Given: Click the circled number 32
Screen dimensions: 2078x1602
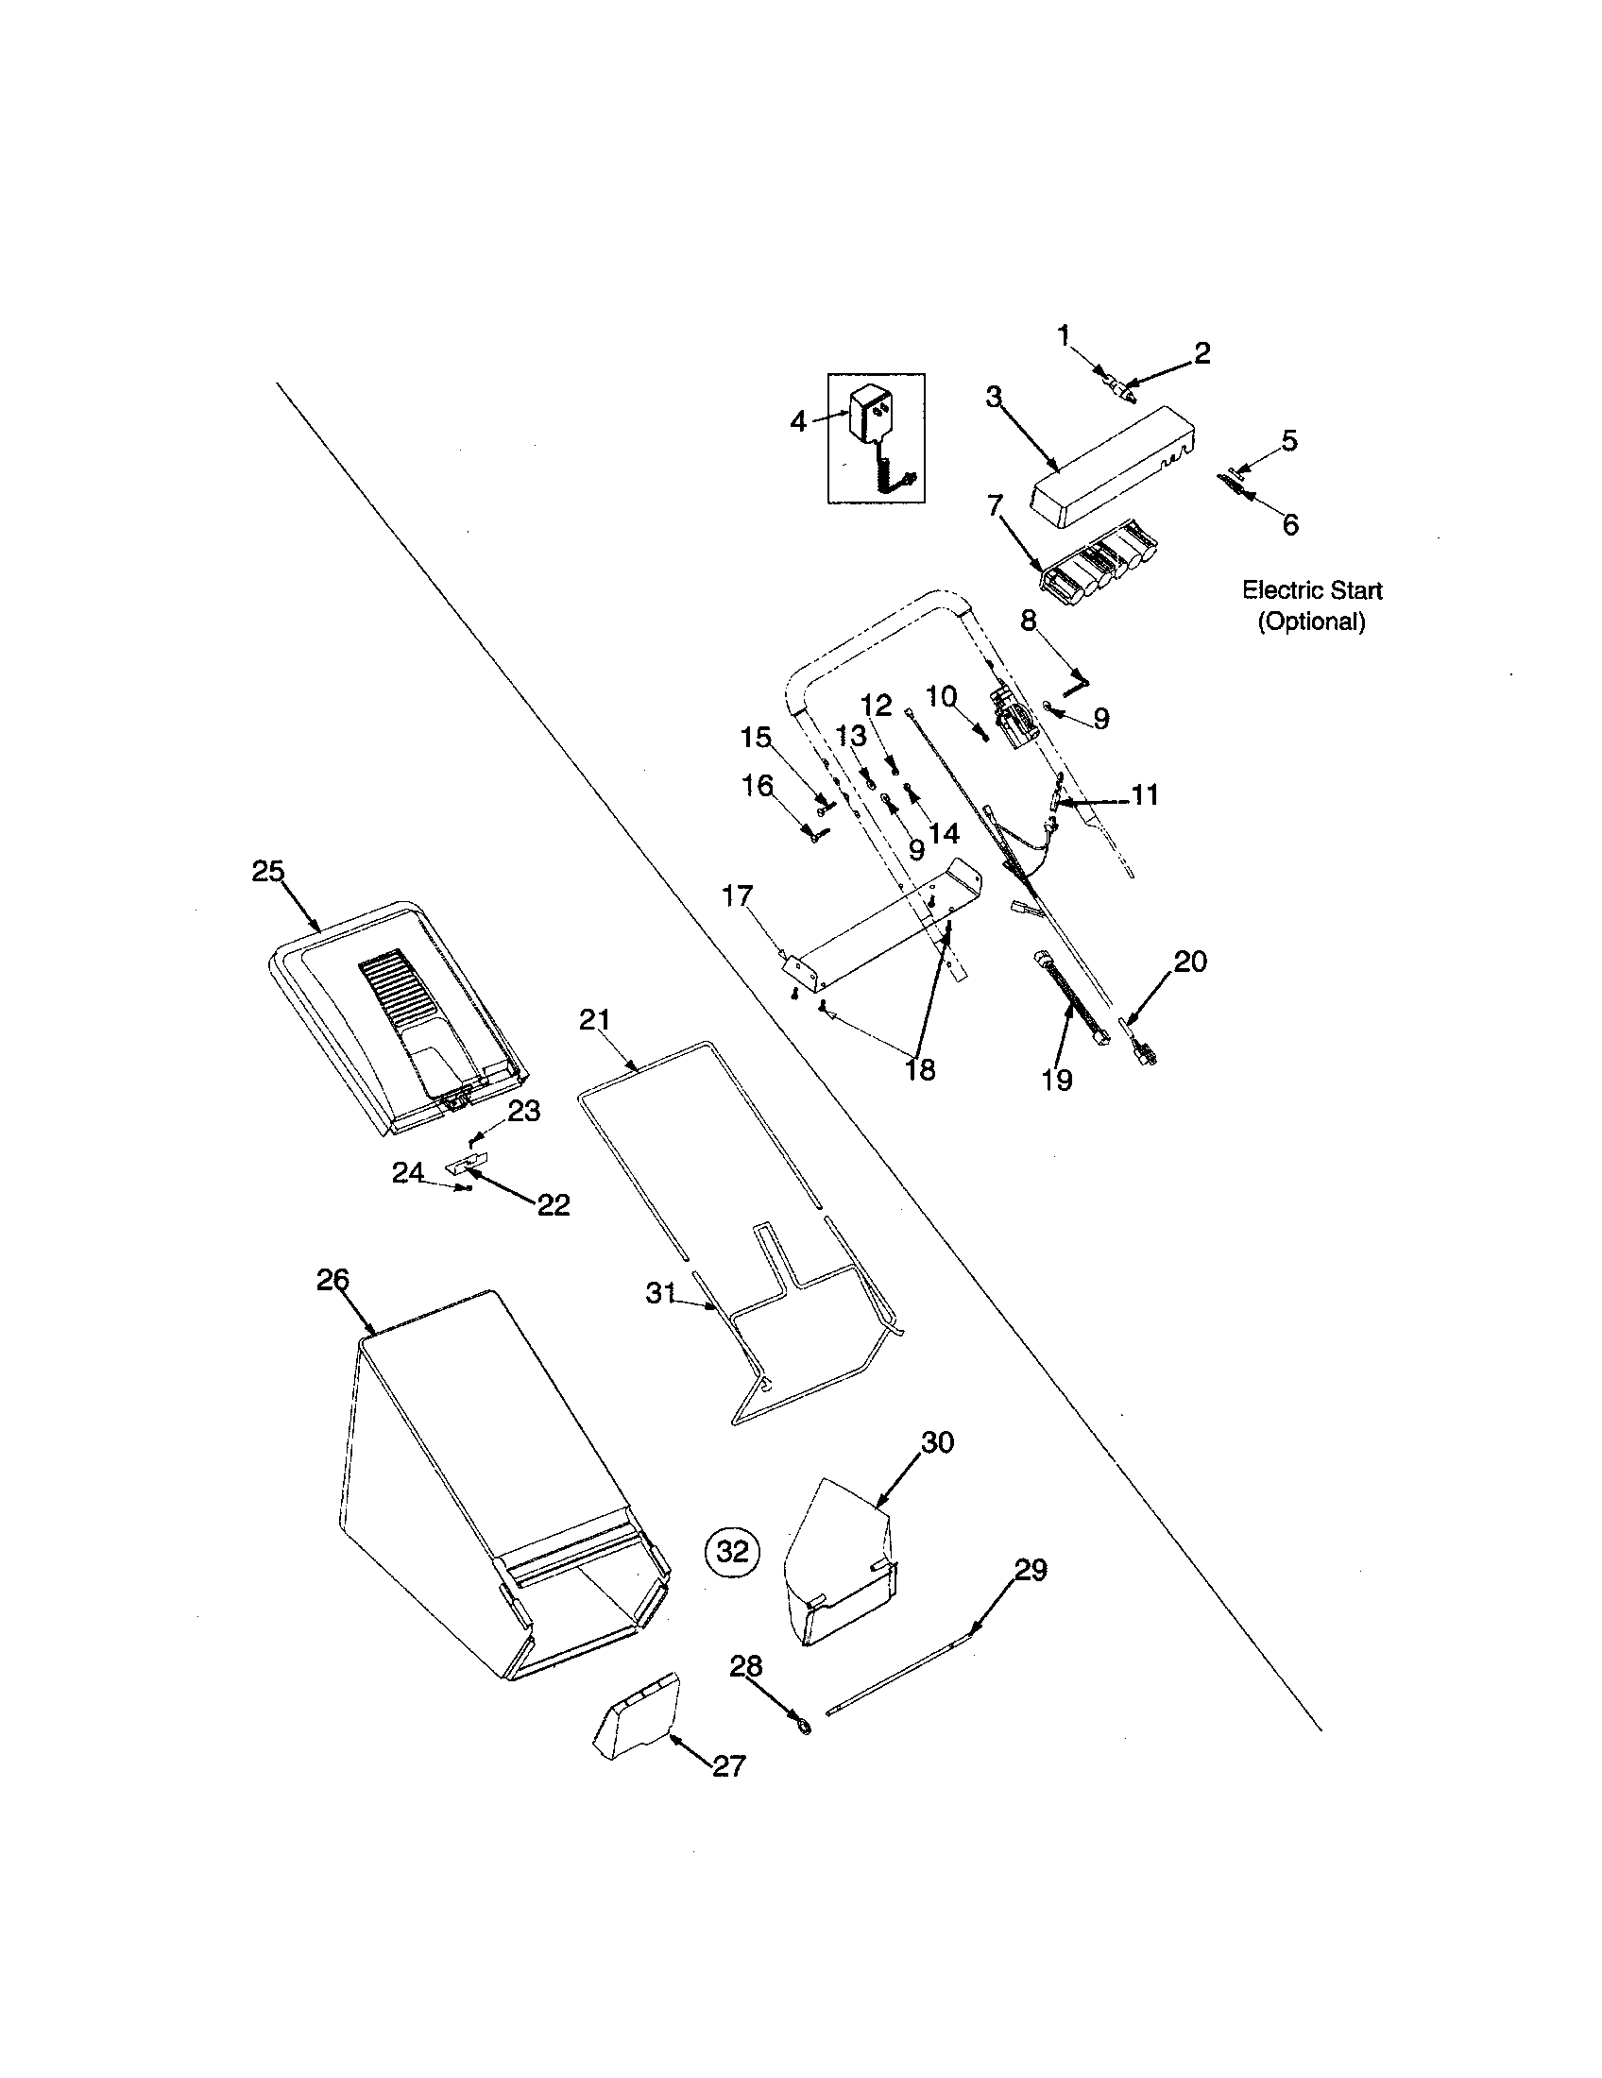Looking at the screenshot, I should pos(732,1552).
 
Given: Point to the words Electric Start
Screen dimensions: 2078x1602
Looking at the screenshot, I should pos(1312,590).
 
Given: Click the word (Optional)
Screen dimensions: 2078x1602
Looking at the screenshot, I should pos(1312,622).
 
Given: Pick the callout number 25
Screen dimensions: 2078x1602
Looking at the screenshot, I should pos(268,871).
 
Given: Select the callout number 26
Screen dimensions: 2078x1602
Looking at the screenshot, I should pos(332,1280).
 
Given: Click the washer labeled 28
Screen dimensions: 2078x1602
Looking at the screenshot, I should pos(802,1725).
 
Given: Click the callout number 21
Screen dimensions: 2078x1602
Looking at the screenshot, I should pos(594,1020).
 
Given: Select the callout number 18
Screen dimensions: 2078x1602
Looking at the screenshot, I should pos(920,1069).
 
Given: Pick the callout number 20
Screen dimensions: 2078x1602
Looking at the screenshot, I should pos(1189,961).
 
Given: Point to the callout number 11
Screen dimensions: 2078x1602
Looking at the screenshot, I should pos(1145,794).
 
